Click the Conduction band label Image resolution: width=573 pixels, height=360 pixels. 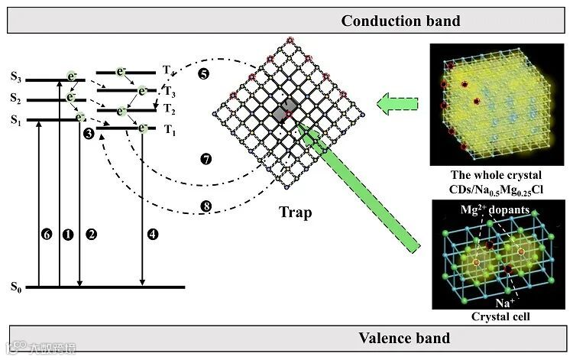[400, 21]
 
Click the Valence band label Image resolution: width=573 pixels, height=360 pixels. [404, 338]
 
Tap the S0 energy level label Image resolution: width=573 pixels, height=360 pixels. [16, 287]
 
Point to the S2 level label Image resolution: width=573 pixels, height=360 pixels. [16, 98]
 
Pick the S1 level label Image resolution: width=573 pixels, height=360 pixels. [16, 119]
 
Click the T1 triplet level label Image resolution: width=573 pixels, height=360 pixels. [170, 130]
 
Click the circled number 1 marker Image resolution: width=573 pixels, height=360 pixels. [67, 235]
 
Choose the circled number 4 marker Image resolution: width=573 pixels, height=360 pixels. [153, 235]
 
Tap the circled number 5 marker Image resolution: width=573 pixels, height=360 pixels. [202, 74]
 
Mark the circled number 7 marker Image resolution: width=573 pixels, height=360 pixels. [206, 160]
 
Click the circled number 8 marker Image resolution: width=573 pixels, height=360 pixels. [206, 205]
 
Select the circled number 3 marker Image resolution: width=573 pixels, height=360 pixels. [89, 134]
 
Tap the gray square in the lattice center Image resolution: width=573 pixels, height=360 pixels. [283, 110]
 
